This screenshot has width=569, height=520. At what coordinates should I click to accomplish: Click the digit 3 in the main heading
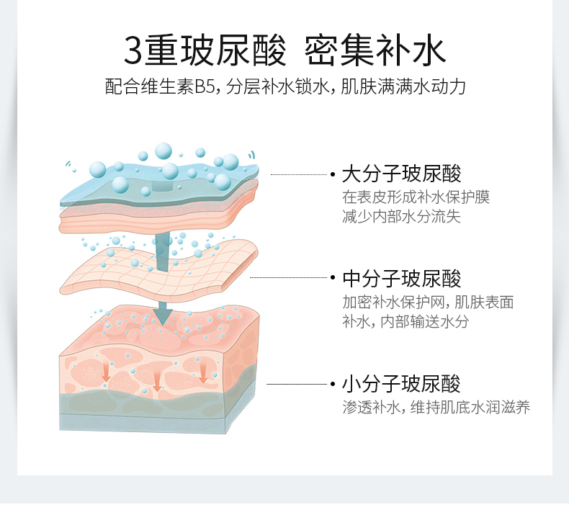(134, 50)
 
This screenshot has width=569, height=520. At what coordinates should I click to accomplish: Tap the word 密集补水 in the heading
(375, 50)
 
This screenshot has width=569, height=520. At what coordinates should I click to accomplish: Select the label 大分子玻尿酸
(401, 174)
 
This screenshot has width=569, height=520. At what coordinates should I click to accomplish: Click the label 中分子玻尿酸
(401, 278)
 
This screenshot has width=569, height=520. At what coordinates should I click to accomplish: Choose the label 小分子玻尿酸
(401, 384)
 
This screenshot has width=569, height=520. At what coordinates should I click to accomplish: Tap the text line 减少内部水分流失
(401, 216)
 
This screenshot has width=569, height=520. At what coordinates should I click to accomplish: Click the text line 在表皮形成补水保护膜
(416, 197)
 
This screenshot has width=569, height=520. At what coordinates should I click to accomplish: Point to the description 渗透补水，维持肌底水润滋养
(436, 408)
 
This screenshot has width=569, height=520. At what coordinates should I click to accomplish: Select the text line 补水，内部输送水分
(405, 321)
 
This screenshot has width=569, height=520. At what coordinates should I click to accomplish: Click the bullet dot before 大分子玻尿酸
(333, 174)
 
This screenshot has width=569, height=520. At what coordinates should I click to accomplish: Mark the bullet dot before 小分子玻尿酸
(333, 385)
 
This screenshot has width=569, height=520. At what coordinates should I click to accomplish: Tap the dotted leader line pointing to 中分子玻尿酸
(288, 277)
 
